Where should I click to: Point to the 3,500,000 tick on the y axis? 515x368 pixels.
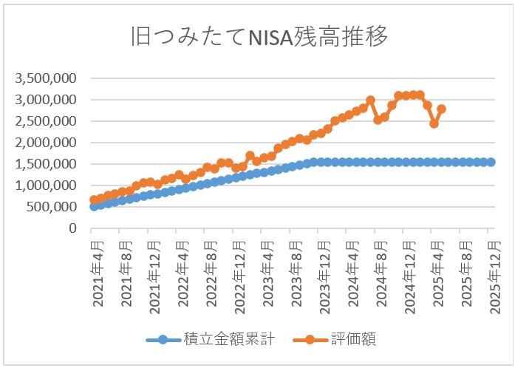tap(46, 78)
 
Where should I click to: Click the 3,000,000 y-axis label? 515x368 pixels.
tap(46, 99)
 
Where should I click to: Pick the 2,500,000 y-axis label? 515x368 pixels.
tap(46, 120)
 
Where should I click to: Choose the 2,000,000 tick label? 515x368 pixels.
tap(46, 142)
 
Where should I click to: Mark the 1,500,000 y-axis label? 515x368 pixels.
tap(46, 163)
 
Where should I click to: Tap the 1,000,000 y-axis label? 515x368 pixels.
tap(46, 185)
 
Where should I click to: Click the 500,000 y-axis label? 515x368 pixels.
tap(52, 207)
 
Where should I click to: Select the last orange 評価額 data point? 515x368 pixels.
tap(441, 109)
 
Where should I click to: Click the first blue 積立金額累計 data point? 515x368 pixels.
tap(94, 206)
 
